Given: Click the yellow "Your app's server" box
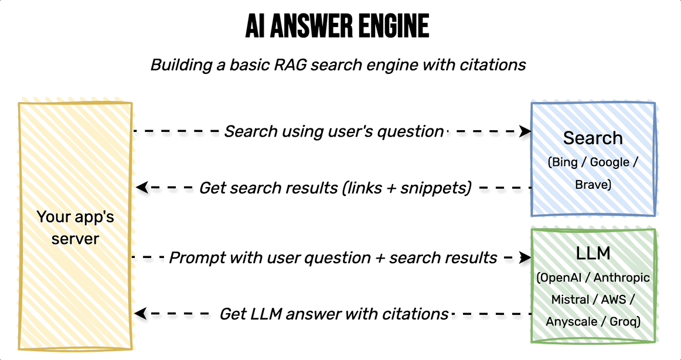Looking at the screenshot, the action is pyautogui.click(x=75, y=226).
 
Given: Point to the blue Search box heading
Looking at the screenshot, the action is pyautogui.click(x=593, y=138).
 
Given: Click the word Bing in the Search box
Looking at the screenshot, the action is pyautogui.click(x=564, y=162).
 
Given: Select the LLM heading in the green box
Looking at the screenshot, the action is pyautogui.click(x=593, y=253).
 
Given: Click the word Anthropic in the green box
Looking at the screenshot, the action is pyautogui.click(x=621, y=277).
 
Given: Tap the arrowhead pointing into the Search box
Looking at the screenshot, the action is pyautogui.click(x=526, y=131).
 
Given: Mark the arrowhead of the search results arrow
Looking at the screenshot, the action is pyautogui.click(x=142, y=188).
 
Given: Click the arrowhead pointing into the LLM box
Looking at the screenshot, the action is pyautogui.click(x=525, y=257).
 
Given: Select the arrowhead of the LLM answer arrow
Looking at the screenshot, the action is pyautogui.click(x=141, y=313).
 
